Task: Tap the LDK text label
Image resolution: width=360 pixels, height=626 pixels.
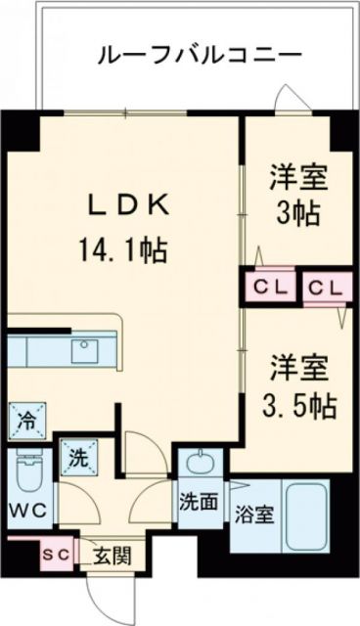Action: point(132,205)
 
